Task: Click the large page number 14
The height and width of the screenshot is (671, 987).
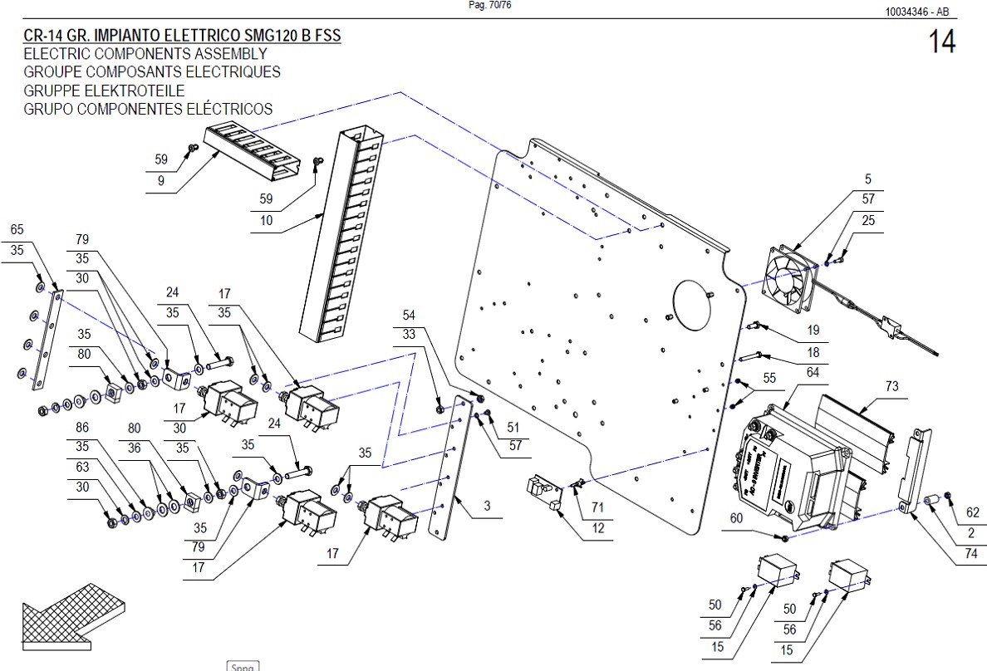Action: [942, 42]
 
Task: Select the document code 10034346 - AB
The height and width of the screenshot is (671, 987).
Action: [917, 12]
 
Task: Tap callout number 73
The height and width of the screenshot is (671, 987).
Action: [891, 387]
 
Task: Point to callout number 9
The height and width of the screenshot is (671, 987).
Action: [161, 180]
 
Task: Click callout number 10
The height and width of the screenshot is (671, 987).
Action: [267, 221]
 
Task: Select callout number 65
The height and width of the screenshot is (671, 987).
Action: [17, 229]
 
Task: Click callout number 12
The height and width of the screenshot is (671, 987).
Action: [599, 528]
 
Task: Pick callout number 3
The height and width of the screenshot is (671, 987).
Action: [487, 506]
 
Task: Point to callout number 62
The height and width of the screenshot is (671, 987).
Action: [973, 512]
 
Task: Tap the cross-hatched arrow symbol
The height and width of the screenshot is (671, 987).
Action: [71, 615]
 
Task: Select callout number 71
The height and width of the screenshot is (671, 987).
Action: [597, 507]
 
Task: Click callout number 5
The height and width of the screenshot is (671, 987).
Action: [868, 179]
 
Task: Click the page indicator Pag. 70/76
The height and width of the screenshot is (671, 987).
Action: [490, 5]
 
